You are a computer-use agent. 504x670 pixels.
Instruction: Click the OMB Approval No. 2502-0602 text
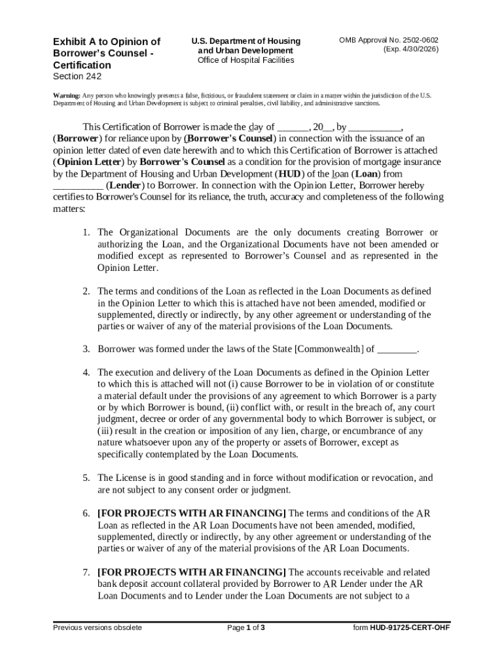(389, 41)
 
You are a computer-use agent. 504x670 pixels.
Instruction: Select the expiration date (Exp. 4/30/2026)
(410, 50)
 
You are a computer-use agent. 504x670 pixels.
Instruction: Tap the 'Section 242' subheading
(77, 77)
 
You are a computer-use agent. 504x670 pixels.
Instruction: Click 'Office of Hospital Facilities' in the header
(245, 60)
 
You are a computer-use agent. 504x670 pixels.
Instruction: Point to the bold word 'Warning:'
(66, 96)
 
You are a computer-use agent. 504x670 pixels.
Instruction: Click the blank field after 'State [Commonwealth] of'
(397, 349)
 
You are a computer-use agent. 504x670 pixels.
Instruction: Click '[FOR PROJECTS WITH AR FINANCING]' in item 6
(192, 513)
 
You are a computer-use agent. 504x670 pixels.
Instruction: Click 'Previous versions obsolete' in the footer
(98, 628)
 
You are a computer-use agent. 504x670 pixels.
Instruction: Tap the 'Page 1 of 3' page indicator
(245, 628)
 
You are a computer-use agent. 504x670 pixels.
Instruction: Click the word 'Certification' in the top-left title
(82, 65)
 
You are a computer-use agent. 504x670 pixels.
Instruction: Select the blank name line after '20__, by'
(374, 127)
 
